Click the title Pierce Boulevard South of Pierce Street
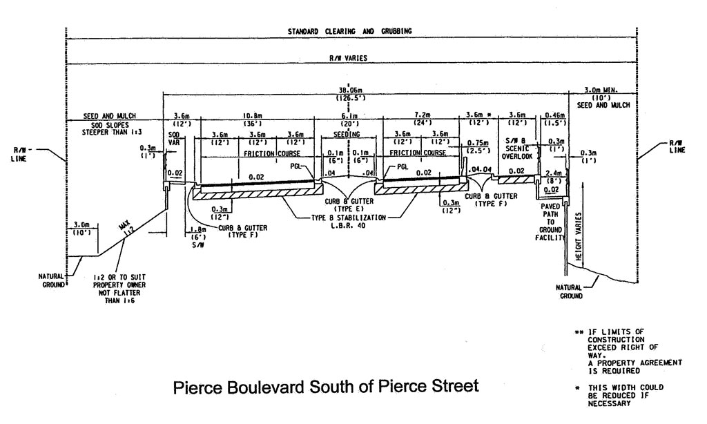(x=325, y=385)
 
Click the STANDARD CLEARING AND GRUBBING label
(x=350, y=31)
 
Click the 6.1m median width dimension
(x=347, y=115)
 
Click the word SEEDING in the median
(x=347, y=134)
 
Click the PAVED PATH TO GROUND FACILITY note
(x=551, y=220)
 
